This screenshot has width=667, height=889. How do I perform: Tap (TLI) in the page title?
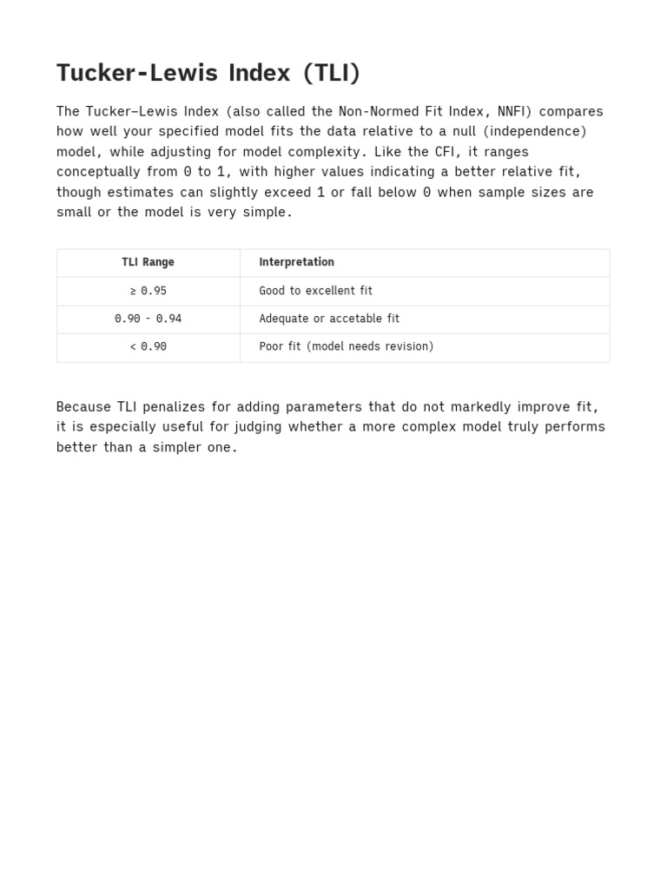(332, 73)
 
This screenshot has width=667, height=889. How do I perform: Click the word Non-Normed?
(361, 111)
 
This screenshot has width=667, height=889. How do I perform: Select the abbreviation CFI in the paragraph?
(446, 151)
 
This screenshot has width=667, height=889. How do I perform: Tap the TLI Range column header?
(148, 262)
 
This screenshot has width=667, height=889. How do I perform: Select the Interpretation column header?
(296, 262)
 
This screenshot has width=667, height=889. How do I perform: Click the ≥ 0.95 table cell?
(148, 291)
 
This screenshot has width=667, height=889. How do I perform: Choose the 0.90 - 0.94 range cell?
(148, 319)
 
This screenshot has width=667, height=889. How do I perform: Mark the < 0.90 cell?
(148, 346)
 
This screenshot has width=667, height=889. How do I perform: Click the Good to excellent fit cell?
(315, 291)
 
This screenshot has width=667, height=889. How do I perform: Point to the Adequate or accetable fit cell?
(329, 319)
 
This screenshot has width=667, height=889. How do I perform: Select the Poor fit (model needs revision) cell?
(346, 346)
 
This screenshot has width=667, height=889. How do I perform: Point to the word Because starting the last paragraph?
(83, 406)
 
